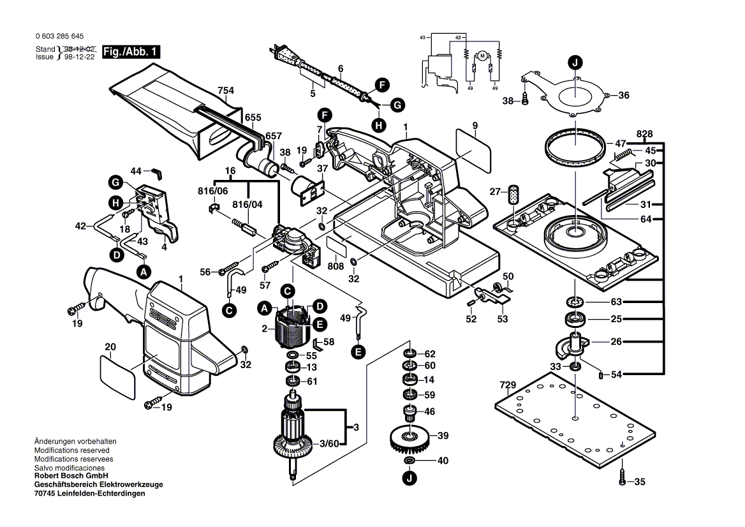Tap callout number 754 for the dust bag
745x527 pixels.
[225, 90]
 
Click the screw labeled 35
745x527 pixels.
[623, 477]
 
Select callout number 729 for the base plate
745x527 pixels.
[508, 385]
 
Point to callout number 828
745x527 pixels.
[645, 134]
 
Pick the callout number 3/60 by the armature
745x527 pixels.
[329, 442]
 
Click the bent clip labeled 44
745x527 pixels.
[157, 172]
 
